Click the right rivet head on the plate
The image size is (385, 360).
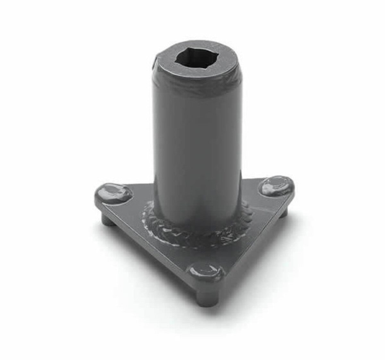pos(278,187)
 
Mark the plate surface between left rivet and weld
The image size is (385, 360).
pos(135,205)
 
